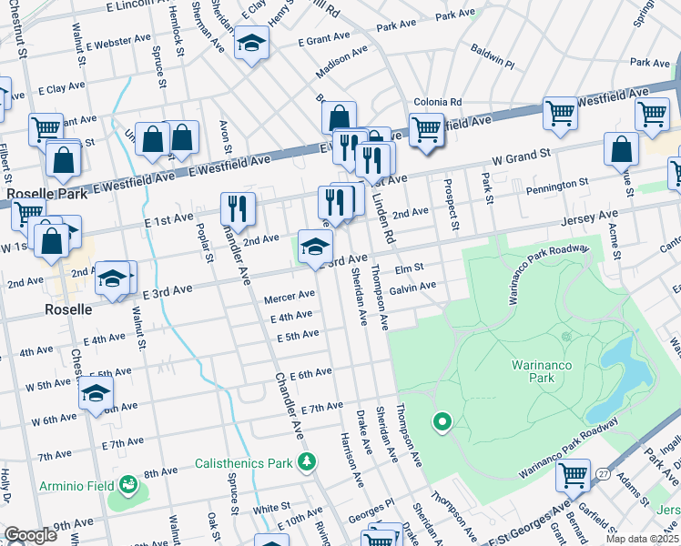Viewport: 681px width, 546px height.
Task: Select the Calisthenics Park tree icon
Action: tap(307, 462)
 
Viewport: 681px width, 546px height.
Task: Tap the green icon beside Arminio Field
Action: tap(128, 485)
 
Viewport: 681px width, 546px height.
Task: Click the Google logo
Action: tap(31, 534)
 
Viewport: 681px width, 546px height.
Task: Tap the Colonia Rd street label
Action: tap(438, 103)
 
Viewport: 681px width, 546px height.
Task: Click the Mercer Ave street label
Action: tap(289, 296)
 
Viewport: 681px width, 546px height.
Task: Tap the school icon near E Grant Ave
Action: tap(251, 43)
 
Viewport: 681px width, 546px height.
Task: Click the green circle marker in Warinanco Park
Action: tap(442, 421)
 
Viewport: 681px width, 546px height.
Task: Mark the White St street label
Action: tap(271, 507)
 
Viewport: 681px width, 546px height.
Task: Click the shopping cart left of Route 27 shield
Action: tap(574, 474)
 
